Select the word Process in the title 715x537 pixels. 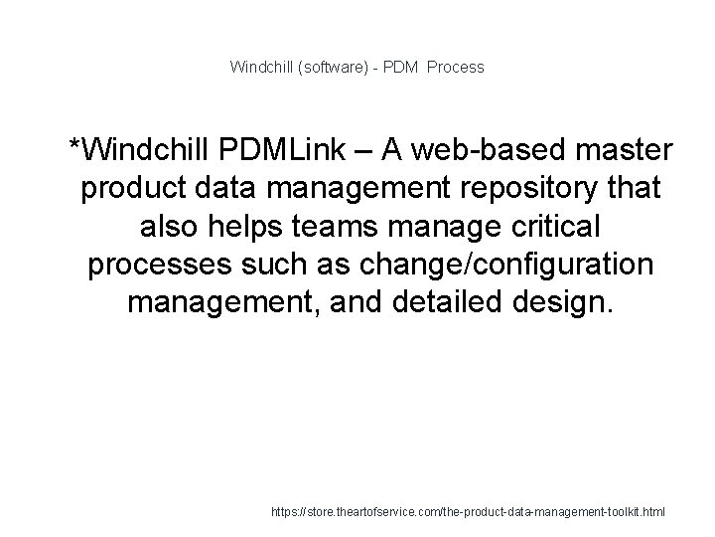[457, 68]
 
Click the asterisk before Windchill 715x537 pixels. [73, 148]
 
